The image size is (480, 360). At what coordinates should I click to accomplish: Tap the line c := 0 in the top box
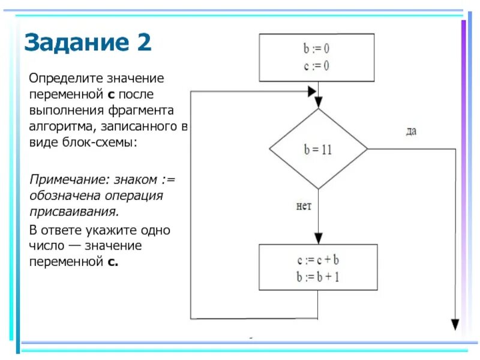click(316, 65)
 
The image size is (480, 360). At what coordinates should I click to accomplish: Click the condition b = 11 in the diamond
click(317, 150)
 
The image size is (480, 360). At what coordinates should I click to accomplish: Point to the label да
click(410, 131)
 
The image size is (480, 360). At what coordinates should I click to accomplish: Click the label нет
click(304, 206)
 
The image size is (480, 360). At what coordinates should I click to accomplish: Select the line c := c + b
click(318, 260)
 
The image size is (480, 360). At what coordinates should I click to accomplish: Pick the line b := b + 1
click(318, 277)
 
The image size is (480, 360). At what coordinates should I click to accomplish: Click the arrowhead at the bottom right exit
click(455, 325)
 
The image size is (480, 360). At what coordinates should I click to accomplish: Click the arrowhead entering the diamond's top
click(318, 103)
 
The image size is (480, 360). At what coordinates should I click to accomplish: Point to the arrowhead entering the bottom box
click(318, 238)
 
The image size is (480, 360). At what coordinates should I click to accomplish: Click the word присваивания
click(74, 212)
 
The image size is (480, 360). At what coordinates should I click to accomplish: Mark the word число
click(45, 246)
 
